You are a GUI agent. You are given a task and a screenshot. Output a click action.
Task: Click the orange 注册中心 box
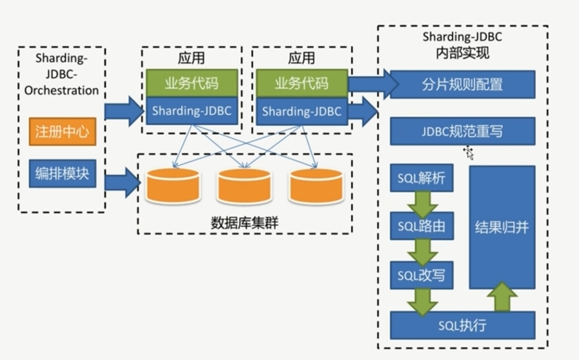point(62,132)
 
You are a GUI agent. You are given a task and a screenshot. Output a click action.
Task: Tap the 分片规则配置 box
point(462,84)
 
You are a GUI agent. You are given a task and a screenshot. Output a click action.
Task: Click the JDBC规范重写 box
point(462,131)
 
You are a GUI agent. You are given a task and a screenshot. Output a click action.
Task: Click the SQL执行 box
point(462,326)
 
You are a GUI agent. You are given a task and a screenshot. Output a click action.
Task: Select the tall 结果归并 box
point(502,227)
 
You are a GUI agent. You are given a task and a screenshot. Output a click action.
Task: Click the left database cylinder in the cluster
point(173,186)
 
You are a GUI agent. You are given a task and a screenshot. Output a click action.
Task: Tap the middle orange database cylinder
point(244,186)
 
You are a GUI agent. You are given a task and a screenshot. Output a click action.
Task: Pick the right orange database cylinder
point(316,186)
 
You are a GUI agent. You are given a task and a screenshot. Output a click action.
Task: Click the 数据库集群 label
point(244,223)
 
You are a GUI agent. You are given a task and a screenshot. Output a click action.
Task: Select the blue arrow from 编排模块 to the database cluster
point(123,182)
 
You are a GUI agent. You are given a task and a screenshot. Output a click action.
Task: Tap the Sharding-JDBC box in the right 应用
point(301,111)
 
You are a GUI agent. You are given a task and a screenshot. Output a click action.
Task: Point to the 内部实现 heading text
point(462,53)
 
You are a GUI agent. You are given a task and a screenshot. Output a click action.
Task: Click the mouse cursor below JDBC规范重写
point(469,152)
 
